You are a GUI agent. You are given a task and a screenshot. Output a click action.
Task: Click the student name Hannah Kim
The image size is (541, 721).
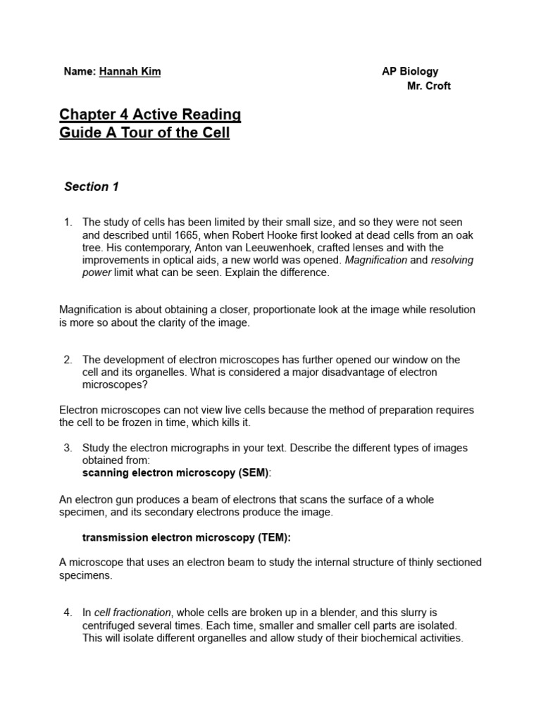130,72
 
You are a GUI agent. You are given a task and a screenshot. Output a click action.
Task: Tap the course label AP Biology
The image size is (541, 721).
410,71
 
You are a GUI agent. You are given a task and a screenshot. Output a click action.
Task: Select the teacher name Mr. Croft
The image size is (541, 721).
429,86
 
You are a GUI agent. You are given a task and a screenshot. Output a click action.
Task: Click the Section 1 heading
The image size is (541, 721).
92,187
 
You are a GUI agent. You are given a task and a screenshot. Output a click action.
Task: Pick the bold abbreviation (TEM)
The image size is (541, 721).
275,537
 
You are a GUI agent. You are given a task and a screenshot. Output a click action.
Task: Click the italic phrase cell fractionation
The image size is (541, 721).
133,613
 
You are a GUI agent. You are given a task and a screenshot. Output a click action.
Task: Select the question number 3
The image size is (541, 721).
68,448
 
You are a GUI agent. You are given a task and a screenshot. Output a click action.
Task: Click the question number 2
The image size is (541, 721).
68,360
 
